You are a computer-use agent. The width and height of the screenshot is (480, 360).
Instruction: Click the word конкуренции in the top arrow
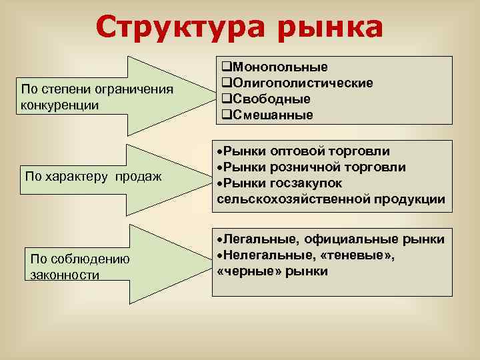tap(60, 105)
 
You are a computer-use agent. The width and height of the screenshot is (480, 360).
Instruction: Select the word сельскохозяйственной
tap(294, 199)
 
